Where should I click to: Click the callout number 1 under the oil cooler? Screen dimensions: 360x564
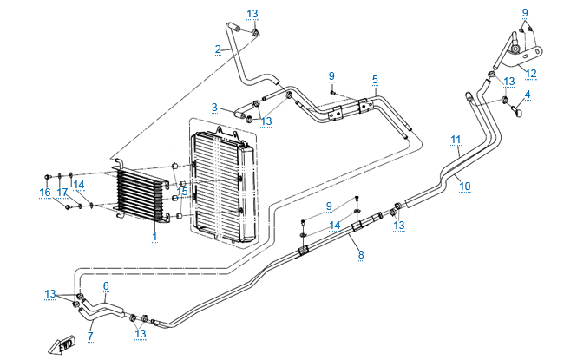(154, 236)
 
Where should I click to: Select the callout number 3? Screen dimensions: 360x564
(213, 108)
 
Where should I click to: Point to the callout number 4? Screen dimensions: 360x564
(527, 94)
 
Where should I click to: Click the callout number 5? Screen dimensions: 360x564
(375, 79)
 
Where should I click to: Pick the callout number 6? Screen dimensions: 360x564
(106, 285)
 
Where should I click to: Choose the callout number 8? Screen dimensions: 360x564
(361, 255)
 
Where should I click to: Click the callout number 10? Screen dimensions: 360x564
(464, 186)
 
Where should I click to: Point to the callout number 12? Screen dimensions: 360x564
(531, 73)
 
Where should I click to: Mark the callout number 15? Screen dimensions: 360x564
(182, 192)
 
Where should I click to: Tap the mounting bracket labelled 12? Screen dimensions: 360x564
(519, 50)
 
